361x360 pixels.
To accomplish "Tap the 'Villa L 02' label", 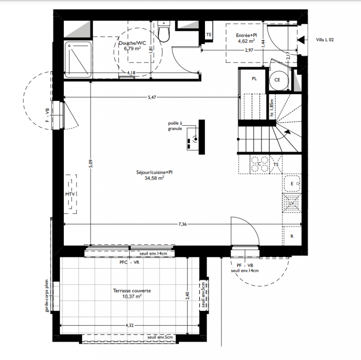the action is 325,40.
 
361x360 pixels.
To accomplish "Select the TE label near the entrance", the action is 209,35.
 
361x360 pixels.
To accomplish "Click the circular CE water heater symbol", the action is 279,80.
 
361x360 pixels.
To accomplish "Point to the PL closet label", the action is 254,79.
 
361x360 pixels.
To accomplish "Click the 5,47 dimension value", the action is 152,97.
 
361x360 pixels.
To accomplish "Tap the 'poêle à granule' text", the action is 175,126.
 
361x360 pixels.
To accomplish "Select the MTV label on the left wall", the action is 70,194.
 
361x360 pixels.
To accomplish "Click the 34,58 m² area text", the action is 154,178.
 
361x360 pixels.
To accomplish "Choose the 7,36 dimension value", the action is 183,224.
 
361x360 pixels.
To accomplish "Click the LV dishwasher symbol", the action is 292,203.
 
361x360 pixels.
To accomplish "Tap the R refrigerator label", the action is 292,236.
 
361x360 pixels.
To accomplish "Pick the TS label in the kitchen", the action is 276,165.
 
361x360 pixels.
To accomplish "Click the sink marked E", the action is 292,184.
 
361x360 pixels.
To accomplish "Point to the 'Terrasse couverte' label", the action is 132,291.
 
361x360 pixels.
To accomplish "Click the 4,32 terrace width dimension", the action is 129,325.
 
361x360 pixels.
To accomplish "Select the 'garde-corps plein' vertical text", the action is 47,296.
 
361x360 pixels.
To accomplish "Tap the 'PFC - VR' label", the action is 129,262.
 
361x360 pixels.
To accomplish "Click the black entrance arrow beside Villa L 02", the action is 301,40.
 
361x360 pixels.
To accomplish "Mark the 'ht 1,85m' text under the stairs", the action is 272,108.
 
